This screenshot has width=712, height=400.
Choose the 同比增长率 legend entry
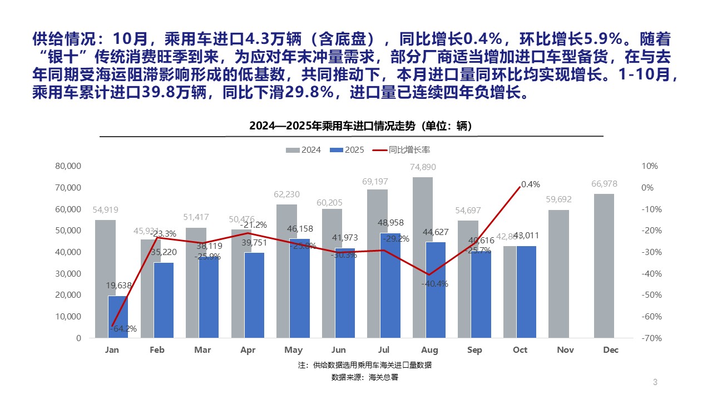tap(402, 150)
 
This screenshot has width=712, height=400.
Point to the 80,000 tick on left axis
tap(68, 166)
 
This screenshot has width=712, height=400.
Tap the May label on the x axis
tap(293, 350)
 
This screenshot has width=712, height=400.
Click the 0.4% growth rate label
tap(530, 184)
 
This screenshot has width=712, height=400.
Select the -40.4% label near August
tap(435, 284)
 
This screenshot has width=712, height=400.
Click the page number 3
tap(655, 382)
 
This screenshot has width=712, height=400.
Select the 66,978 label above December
tap(604, 184)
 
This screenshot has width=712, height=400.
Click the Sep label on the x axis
tap(474, 350)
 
